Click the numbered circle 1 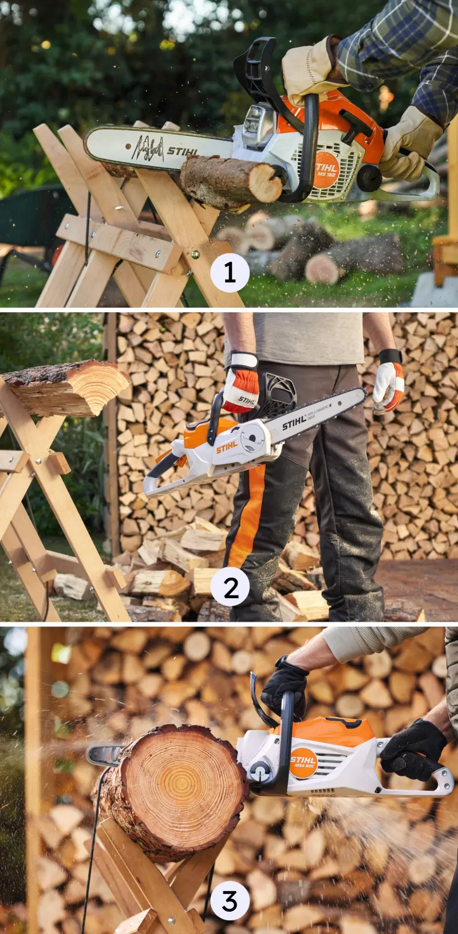point(230,272)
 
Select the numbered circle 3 point(230,900)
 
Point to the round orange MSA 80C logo point(303,763)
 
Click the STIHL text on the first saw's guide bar point(182,152)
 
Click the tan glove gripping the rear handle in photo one point(408,143)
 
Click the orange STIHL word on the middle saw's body point(227,447)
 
